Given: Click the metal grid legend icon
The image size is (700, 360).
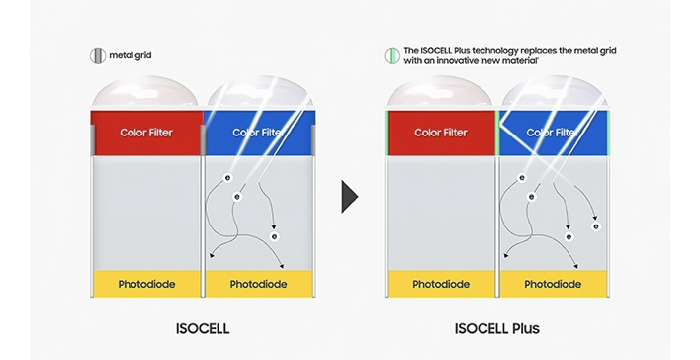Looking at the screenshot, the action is pyautogui.click(x=96, y=56).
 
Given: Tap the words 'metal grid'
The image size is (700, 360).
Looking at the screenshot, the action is pyautogui.click(x=128, y=56).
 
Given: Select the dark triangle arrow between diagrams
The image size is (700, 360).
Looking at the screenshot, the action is pyautogui.click(x=349, y=196).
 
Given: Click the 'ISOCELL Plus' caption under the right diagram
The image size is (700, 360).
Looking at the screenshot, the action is pyautogui.click(x=498, y=328).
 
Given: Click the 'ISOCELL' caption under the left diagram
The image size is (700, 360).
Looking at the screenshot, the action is pyautogui.click(x=203, y=328).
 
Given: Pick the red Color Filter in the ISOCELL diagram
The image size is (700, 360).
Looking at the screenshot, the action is pyautogui.click(x=146, y=132).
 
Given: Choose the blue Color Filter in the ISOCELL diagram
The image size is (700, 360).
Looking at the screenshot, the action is pyautogui.click(x=259, y=132).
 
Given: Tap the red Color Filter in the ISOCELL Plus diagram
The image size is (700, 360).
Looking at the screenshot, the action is pyautogui.click(x=441, y=133).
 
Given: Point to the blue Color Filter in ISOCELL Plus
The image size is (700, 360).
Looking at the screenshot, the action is pyautogui.click(x=554, y=133).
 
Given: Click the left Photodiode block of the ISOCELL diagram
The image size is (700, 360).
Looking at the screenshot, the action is pyautogui.click(x=146, y=285).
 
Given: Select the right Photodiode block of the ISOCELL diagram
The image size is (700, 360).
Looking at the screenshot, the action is pyautogui.click(x=259, y=285).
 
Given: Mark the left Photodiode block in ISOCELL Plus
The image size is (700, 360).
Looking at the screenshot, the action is pyautogui.click(x=441, y=285).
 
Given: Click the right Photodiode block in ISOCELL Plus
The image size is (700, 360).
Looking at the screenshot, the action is pyautogui.click(x=554, y=285).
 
